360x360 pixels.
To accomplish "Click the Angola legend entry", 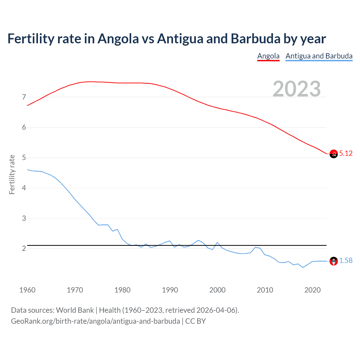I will point(268,56).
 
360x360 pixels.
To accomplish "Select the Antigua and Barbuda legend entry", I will point(319,56).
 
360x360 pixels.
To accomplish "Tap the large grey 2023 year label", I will point(296,89).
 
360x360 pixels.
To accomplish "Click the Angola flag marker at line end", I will point(334,154).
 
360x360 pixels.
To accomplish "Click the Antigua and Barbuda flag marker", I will point(334,261).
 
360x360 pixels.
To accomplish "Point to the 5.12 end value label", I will point(346,153).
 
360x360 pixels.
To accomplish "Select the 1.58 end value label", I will point(346,261).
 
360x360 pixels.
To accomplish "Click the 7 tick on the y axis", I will point(24,97).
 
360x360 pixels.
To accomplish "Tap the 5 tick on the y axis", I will point(24,158).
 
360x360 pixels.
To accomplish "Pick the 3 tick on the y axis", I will point(24,218).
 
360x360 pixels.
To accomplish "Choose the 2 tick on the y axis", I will point(24,249).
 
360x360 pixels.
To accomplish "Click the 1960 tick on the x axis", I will point(27,290).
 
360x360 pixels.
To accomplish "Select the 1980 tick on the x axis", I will point(122,290).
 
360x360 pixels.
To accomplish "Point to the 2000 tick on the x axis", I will point(217,290).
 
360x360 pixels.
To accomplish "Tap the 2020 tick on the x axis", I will point(312,290).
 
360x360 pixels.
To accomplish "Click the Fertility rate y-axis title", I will point(12,174).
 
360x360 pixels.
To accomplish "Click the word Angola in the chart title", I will point(118,39).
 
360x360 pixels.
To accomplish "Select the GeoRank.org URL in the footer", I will point(95,321).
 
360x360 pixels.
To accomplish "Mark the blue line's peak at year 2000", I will point(217,242).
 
